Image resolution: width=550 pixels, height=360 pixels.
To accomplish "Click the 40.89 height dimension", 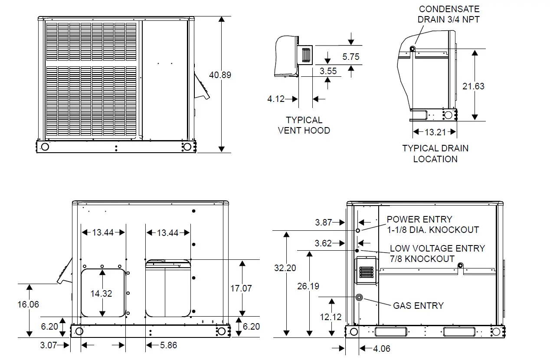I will coord(220,75).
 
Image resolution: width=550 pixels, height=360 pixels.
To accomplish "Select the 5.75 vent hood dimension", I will coord(350,57).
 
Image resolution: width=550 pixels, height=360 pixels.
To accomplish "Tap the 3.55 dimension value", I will coord(328,71).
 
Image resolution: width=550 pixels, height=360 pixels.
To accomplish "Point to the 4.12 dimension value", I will coord(276,99).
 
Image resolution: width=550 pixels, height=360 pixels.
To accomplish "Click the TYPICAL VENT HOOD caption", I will coord(304,125).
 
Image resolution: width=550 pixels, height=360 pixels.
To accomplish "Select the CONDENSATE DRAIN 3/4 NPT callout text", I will coord(449,14).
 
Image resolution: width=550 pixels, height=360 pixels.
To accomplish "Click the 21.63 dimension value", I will coord(473,86).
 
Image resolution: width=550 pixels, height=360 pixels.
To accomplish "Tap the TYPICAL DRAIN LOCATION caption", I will coord(435,154).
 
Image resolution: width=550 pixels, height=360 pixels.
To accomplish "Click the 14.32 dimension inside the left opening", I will coord(101,294).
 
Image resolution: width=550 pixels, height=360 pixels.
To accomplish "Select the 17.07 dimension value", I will coord(241,288).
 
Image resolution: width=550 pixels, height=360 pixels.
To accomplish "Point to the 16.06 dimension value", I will coord(28,304).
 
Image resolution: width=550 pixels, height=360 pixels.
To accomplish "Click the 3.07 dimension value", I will coord(49,345).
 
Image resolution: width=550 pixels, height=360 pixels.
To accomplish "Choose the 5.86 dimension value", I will coord(168,345).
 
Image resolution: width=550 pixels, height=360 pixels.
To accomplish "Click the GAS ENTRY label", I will coord(418,306).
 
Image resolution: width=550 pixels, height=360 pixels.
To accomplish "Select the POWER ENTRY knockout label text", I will coord(432,225).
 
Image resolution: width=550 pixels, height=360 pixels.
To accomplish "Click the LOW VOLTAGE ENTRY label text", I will coord(437,254).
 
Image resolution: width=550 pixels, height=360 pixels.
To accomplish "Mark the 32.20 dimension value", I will coord(285,268).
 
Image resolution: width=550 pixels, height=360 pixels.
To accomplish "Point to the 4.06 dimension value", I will coord(381,348).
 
